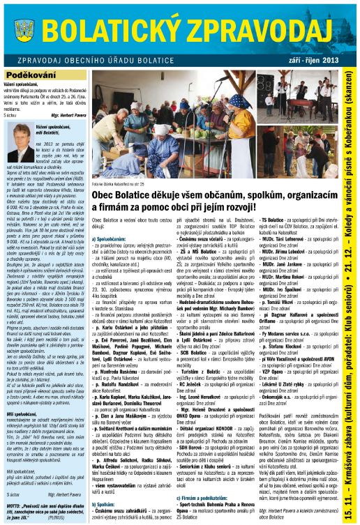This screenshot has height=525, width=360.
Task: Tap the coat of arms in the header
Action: pos(20,31)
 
